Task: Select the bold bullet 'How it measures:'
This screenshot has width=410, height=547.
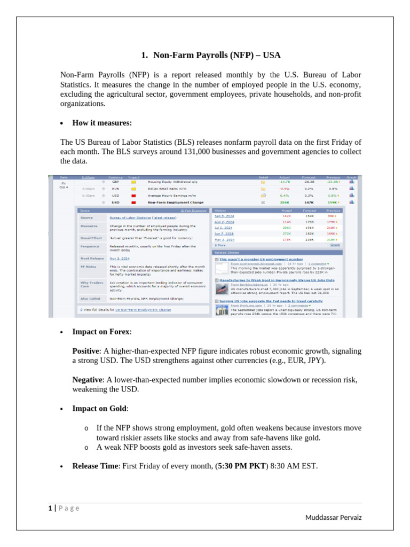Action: (x=102, y=123)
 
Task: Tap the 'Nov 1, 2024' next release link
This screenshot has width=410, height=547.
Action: (x=120, y=258)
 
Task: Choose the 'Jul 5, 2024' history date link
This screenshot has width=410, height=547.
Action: (x=224, y=228)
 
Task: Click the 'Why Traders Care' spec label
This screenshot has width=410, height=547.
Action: (x=92, y=284)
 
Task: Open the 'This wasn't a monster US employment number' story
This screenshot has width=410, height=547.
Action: (x=261, y=259)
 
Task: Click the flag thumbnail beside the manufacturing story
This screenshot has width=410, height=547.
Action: (x=222, y=289)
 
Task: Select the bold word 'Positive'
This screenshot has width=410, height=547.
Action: (x=85, y=351)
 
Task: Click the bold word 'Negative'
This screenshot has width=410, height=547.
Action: (x=87, y=380)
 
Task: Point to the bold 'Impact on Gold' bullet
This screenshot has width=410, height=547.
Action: (x=100, y=409)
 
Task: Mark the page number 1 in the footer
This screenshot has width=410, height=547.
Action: (x=50, y=508)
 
